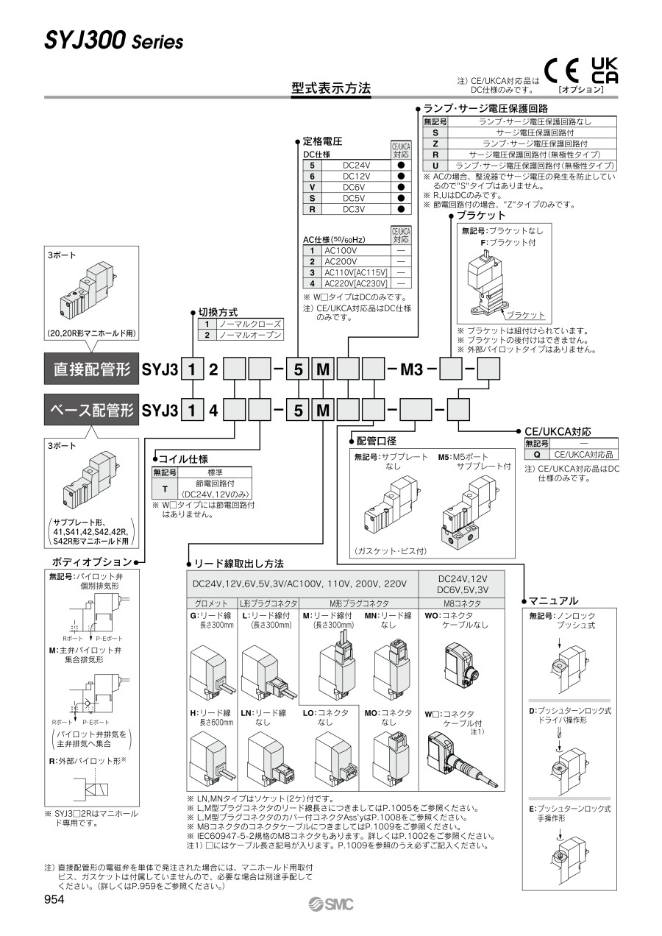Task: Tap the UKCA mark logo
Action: click(605, 70)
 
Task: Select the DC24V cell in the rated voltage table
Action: click(356, 166)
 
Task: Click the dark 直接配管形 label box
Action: click(91, 369)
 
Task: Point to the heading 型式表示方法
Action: click(331, 88)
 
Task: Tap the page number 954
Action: click(54, 899)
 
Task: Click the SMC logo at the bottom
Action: click(330, 904)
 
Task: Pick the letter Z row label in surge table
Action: click(435, 143)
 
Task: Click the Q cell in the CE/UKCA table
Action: click(536, 455)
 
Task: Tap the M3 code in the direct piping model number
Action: click(411, 369)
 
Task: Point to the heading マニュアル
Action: click(554, 600)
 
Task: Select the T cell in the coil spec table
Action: click(165, 489)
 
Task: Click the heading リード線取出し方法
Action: click(238, 564)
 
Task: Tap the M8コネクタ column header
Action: click(463, 603)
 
